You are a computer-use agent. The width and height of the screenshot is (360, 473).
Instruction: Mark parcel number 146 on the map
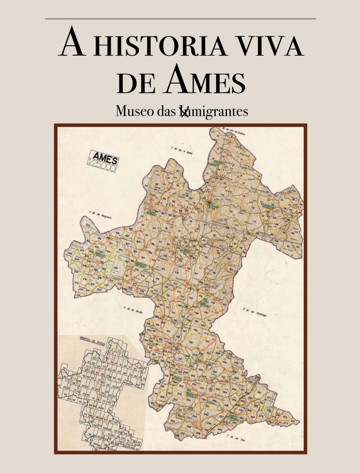click(x=191, y=342)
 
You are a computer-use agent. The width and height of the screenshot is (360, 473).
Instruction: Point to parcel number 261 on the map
click(x=259, y=393)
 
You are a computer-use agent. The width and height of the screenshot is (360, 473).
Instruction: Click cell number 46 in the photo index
click(x=64, y=368)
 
